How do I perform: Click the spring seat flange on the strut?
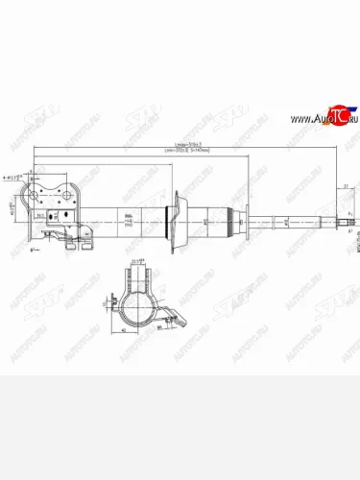pyautogui.click(x=174, y=223)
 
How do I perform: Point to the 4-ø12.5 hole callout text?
pyautogui.click(x=13, y=177)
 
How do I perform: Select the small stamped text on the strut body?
pyautogui.click(x=128, y=222)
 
